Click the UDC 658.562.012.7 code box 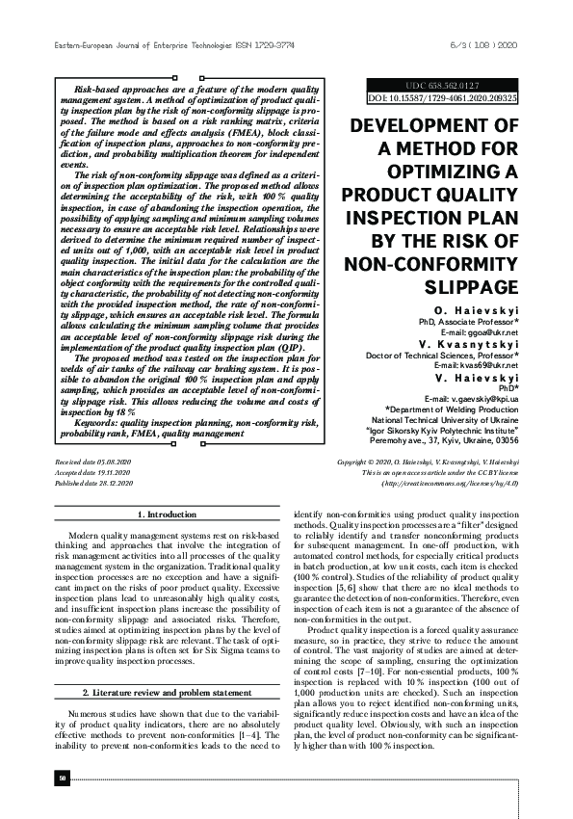(x=442, y=86)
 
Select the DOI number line (x=442, y=98)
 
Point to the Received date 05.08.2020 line (x=93, y=463)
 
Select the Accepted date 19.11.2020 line (x=93, y=474)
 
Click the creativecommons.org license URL (x=451, y=485)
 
